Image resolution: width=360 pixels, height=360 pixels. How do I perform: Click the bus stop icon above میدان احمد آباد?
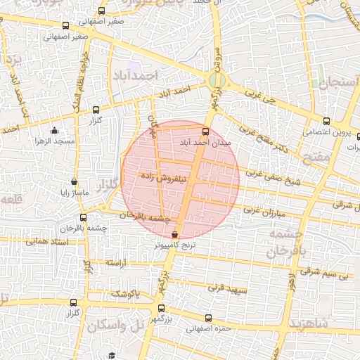coord(205,131)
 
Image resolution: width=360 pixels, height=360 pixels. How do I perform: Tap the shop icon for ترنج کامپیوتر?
coord(174,235)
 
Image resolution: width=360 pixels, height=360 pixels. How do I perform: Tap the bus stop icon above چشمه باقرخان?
coord(83,217)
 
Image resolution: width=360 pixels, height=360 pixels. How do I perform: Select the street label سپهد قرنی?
coord(224,288)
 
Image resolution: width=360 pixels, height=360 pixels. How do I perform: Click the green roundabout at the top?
coord(217,80)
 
